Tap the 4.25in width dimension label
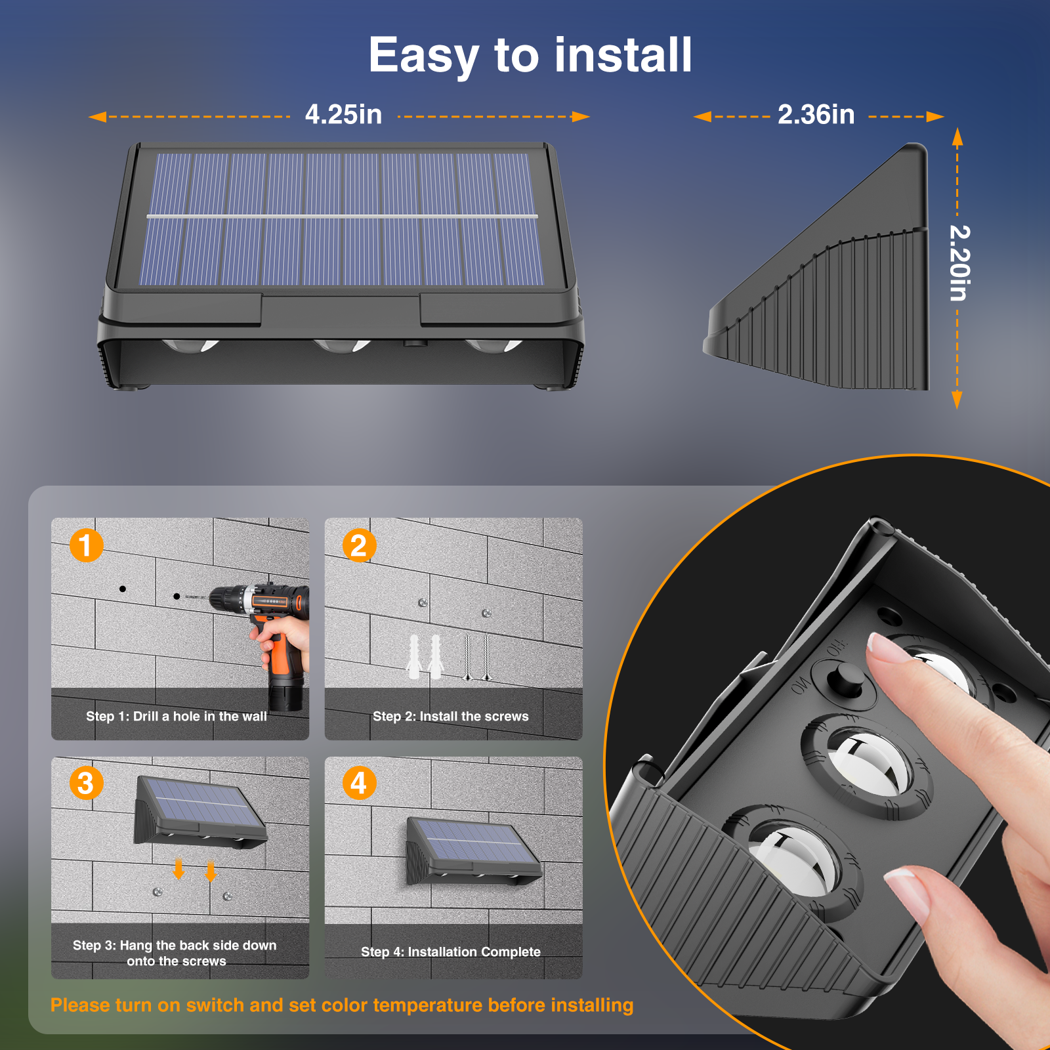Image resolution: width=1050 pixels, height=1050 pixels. [343, 115]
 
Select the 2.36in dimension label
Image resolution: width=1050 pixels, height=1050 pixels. [816, 115]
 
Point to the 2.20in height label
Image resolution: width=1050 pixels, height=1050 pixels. [959, 262]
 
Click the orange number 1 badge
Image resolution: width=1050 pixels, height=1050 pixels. [87, 545]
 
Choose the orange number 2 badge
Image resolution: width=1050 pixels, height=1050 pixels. [359, 545]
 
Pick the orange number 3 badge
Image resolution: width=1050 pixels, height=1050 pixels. [87, 783]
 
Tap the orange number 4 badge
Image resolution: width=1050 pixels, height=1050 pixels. [359, 783]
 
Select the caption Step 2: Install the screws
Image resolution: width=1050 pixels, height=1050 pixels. [451, 717]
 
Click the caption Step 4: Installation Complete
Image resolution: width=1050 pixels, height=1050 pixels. [451, 952]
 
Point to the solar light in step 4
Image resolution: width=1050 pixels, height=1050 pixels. [474, 851]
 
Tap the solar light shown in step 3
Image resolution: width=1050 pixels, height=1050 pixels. [201, 812]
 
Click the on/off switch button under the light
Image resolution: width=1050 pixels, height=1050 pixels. [847, 677]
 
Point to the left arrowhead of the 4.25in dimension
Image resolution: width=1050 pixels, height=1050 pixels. [97, 117]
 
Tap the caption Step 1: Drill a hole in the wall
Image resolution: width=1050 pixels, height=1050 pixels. [177, 717]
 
